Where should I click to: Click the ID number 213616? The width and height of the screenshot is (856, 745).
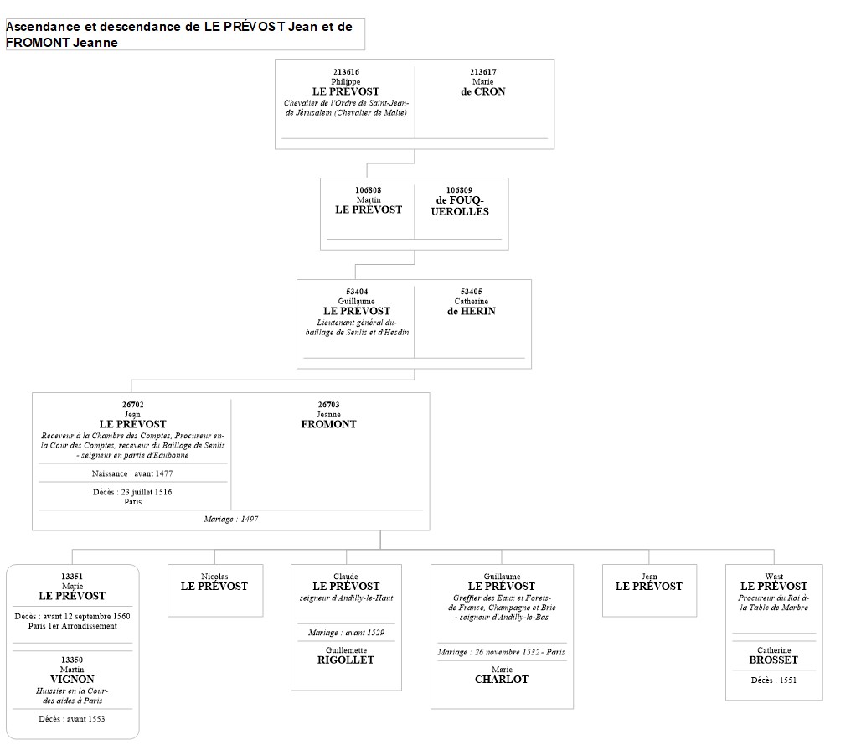coord(345,72)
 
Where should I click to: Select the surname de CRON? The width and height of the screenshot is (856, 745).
coord(482,91)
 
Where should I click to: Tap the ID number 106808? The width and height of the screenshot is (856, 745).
coord(368,190)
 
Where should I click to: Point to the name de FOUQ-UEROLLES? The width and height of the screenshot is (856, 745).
coord(460,205)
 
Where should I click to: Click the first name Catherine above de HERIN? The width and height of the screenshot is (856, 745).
coord(471,301)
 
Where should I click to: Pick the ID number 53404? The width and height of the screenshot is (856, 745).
coord(356,292)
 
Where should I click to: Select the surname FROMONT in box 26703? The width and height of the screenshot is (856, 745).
coord(328,424)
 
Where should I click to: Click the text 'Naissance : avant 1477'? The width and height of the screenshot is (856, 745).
coord(132,473)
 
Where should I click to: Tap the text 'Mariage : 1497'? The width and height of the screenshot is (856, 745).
coord(230,520)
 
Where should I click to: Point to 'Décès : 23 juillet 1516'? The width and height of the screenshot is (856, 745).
coord(132,492)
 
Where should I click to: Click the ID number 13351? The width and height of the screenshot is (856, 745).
coord(72,577)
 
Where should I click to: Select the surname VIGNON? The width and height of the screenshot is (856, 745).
coord(72,679)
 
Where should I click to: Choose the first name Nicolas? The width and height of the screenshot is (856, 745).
coord(214,577)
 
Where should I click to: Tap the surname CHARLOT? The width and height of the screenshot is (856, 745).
coord(501,679)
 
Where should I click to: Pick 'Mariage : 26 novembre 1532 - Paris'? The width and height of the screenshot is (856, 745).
coord(501,652)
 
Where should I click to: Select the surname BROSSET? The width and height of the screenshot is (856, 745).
coord(773,660)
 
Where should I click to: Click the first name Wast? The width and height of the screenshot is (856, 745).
coord(773,577)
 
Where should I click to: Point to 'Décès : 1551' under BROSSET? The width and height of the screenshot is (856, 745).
coord(773,680)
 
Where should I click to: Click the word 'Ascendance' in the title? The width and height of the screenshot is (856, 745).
coord(41,27)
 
